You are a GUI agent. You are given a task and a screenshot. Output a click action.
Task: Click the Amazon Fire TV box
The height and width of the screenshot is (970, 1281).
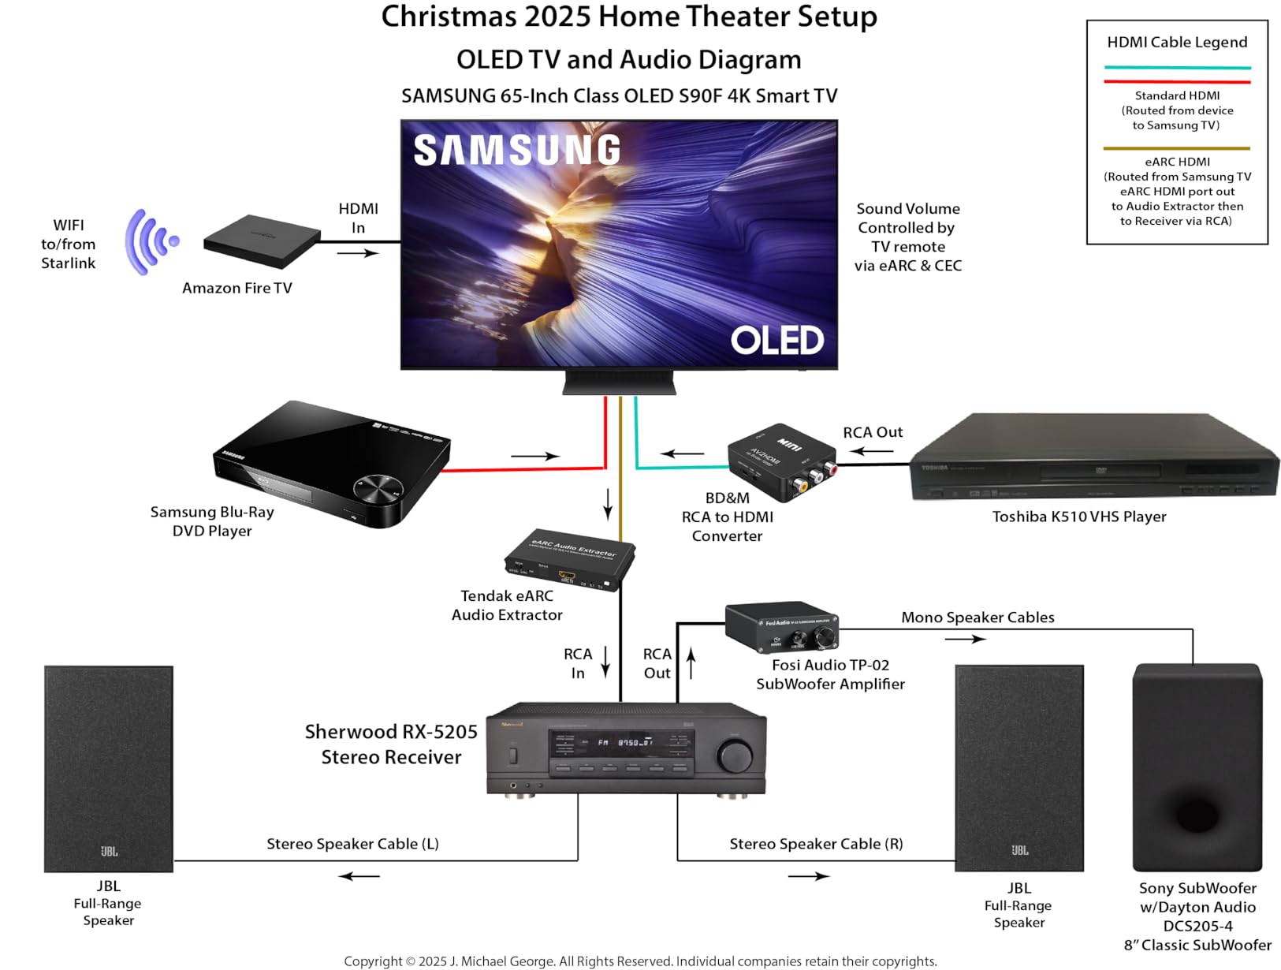coord(262,241)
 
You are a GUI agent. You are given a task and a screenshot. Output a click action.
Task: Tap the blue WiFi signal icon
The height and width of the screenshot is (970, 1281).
coord(150,241)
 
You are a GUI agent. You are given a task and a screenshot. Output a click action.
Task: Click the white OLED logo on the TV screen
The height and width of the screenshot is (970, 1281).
coord(776,341)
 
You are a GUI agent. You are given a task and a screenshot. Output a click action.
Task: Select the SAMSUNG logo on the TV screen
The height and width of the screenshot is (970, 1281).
coord(517,151)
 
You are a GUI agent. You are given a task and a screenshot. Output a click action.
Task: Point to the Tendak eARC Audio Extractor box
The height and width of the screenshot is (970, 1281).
coord(569,559)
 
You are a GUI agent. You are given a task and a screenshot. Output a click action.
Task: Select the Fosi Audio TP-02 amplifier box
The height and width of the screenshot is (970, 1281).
coord(781,628)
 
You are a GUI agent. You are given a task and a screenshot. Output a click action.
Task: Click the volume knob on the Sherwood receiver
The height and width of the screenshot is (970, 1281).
coord(735,755)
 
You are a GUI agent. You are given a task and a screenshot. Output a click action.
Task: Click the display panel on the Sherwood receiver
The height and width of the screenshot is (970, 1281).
coord(622,743)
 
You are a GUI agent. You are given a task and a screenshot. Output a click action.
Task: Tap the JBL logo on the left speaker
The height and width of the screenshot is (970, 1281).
coord(109,851)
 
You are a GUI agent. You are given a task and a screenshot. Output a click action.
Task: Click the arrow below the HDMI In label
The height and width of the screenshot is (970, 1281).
coord(358,253)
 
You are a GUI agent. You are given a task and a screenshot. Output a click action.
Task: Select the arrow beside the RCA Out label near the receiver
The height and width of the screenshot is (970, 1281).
coord(691,663)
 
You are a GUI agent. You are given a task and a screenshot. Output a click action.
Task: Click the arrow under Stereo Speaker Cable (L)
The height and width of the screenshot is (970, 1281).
coord(359,876)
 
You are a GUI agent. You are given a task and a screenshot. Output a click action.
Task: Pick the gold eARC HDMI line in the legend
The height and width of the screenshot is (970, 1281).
coord(1176,147)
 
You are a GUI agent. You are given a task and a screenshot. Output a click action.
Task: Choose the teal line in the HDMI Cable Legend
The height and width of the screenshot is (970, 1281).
coord(1177,68)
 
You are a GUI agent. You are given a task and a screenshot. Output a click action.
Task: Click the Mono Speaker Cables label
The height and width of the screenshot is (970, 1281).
coord(978,617)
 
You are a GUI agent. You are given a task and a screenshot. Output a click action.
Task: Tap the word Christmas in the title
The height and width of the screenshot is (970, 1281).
coord(447,17)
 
